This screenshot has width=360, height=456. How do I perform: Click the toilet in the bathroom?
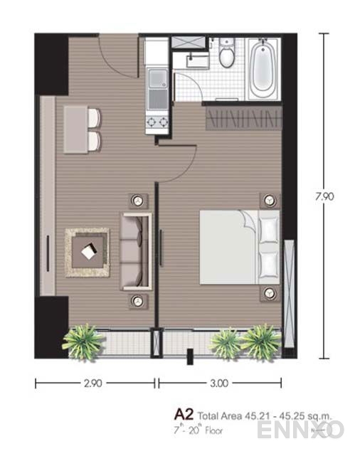tap(227, 55)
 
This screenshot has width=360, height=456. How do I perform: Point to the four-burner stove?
tap(157, 123)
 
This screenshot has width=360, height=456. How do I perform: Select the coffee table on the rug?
tap(88, 252)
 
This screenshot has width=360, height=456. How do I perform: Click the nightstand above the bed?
tap(268, 200)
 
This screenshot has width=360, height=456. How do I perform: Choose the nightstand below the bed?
tap(268, 292)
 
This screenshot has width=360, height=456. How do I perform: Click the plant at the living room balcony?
tap(83, 341)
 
